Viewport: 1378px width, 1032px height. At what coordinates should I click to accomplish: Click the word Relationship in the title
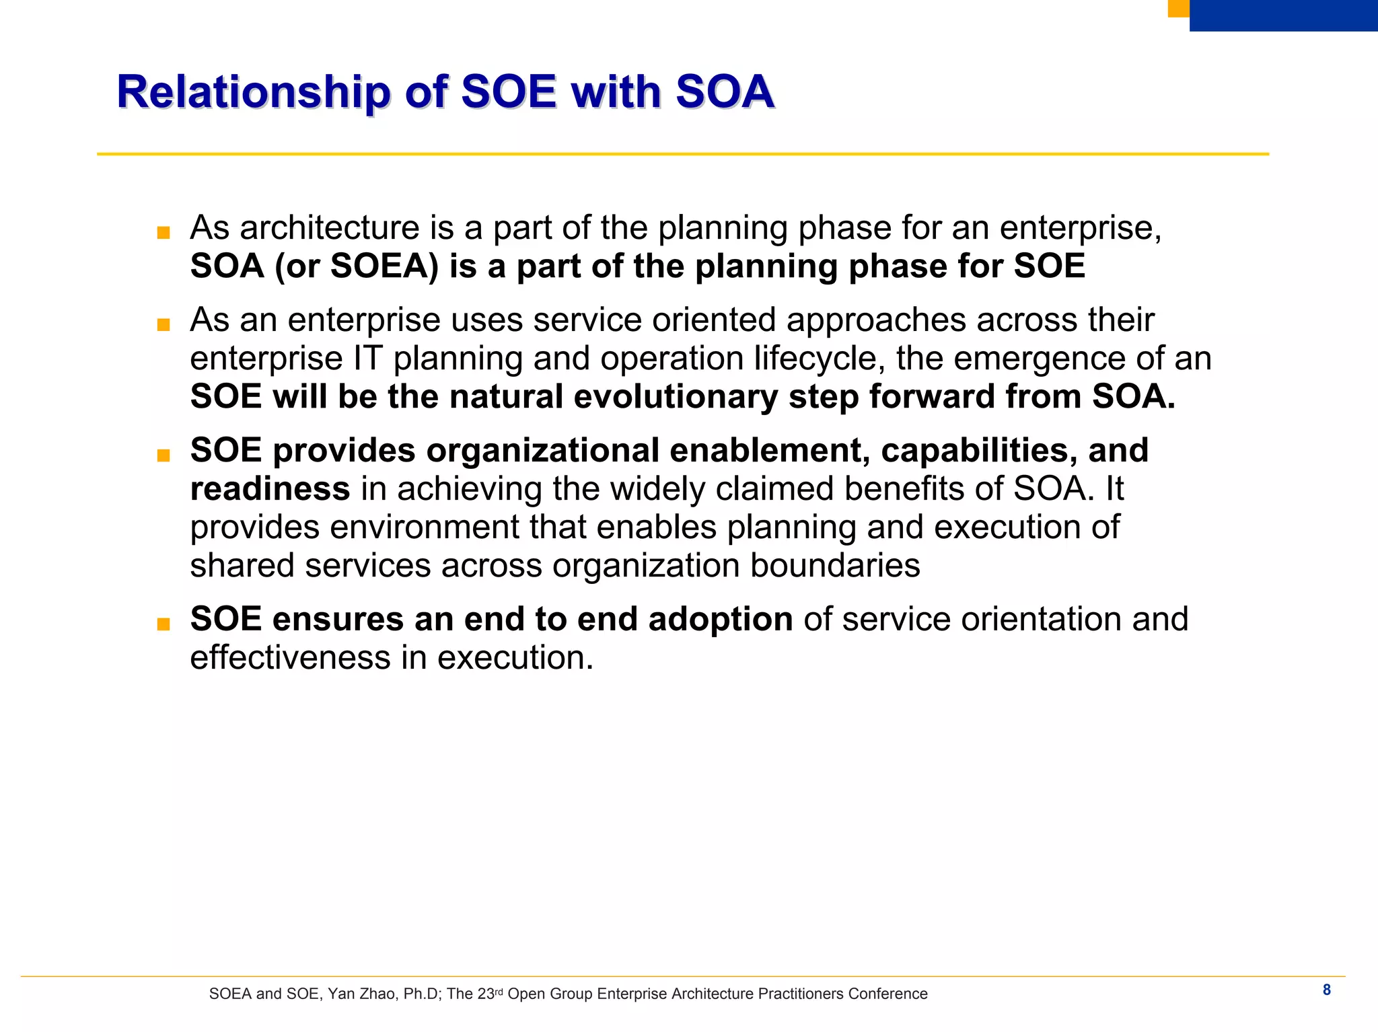253,92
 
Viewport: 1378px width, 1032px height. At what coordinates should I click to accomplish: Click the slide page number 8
1326,990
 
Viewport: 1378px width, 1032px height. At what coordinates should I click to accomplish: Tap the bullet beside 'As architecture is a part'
163,233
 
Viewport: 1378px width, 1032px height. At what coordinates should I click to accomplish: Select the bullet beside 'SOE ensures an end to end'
163,624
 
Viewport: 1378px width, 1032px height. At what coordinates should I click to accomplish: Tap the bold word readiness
270,489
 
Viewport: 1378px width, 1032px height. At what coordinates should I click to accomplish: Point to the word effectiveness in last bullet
290,658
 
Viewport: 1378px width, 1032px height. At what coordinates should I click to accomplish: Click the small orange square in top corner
1178,7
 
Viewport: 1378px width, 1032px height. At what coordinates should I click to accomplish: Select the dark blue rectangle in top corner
1282,15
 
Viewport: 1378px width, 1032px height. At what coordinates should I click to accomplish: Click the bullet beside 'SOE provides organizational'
163,456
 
